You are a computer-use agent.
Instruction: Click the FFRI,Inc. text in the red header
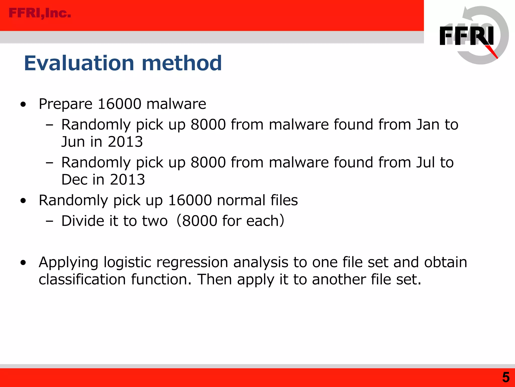coord(40,13)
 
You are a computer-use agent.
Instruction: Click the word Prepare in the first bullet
coord(66,104)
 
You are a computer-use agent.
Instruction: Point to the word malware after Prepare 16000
coord(176,104)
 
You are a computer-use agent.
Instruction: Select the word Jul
coord(425,162)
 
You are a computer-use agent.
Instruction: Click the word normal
coord(241,200)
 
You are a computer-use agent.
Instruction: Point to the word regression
coord(192,262)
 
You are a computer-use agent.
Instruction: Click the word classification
coord(82,279)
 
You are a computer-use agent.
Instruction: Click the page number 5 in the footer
coord(506,377)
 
